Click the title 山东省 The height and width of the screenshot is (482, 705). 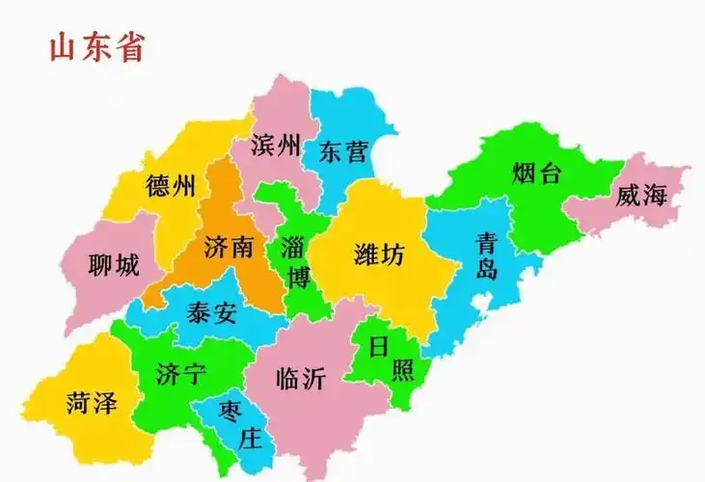96,47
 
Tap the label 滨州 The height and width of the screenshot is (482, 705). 275,147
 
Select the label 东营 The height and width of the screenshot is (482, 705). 344,151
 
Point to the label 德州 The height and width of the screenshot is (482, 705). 170,186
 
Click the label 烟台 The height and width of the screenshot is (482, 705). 536,174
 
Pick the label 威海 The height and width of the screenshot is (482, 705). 641,197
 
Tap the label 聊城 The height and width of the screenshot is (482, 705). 113,263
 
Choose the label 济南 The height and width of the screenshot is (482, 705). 229,247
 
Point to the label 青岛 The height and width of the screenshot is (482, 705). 487,255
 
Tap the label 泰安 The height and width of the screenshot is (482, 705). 212,314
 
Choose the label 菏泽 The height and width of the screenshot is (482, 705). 92,403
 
